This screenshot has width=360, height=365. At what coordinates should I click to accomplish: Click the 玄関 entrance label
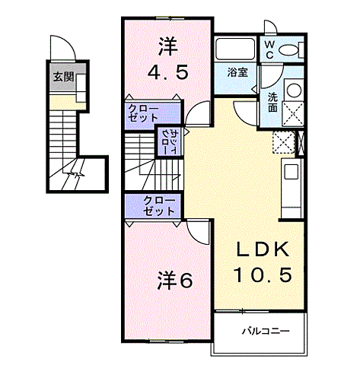pos(62,77)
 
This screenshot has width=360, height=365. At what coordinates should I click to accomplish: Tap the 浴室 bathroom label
pos(237,73)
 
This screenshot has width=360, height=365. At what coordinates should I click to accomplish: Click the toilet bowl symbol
pos(290,50)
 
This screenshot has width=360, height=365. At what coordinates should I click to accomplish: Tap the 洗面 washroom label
pos(272,101)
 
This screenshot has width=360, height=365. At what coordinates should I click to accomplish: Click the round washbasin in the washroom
pos(294,89)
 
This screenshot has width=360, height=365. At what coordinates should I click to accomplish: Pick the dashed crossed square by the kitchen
pos(283,142)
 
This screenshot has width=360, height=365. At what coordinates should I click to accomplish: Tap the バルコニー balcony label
pos(260,331)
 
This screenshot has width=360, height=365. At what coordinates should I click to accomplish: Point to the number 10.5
pos(262,275)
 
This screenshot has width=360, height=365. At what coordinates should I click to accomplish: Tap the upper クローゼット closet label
pos(143,113)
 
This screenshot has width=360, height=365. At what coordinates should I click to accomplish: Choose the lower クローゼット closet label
pos(160,206)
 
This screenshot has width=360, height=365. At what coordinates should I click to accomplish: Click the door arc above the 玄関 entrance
pos(65,47)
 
